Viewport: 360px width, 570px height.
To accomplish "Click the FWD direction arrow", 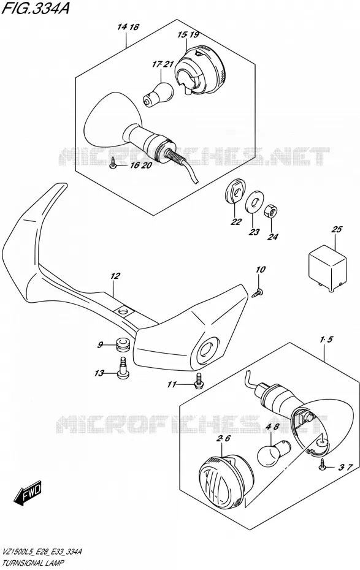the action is pyautogui.click(x=28, y=493).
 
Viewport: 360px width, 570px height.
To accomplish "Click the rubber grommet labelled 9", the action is pyautogui.click(x=123, y=344).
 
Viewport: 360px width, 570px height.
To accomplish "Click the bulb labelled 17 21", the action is pyautogui.click(x=157, y=93).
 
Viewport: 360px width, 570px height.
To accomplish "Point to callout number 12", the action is pyautogui.click(x=115, y=276).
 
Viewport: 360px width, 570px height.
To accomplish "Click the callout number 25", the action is pyautogui.click(x=336, y=229).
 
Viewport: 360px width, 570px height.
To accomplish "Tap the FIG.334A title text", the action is pyautogui.click(x=35, y=8).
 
